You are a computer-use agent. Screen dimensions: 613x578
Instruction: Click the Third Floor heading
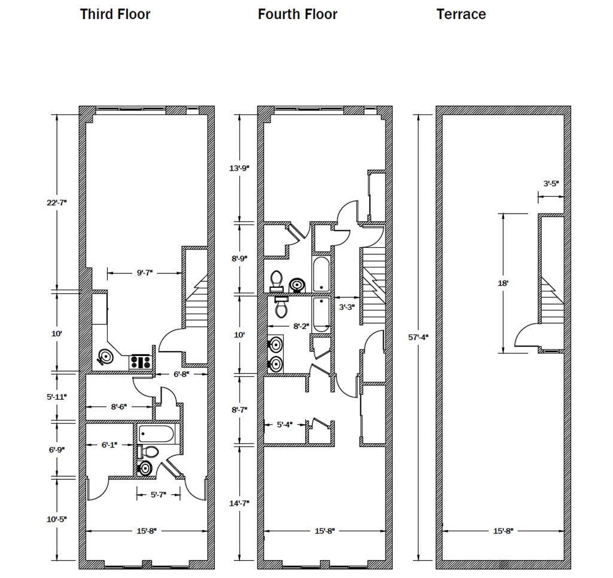click(115, 14)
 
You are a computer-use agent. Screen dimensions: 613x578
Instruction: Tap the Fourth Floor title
click(298, 14)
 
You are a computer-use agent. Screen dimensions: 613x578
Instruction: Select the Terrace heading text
click(461, 14)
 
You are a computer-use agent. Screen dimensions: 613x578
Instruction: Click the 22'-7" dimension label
click(56, 202)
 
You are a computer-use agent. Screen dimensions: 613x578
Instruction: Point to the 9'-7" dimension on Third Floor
click(144, 273)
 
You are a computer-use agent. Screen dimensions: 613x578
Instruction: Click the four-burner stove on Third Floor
click(141, 361)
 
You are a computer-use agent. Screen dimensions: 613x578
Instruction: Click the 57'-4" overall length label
click(418, 337)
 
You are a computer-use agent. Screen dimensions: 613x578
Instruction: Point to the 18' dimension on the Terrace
click(503, 283)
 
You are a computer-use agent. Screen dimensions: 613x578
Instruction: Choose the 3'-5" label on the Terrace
click(551, 184)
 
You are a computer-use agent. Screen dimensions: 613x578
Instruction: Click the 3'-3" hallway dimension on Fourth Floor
click(347, 307)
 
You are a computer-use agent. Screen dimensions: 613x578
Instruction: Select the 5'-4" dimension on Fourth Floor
click(285, 425)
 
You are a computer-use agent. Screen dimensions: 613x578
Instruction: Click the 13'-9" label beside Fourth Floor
click(239, 168)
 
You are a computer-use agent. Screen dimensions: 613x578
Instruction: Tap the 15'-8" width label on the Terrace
click(503, 531)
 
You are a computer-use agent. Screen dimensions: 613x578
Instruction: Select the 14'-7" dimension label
click(239, 503)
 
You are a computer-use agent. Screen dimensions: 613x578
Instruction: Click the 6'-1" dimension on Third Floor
click(108, 445)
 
